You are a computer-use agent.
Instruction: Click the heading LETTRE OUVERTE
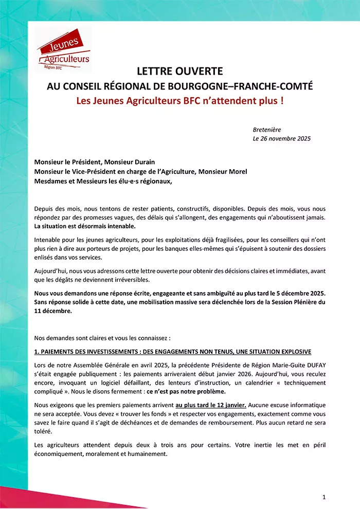coord(179,71)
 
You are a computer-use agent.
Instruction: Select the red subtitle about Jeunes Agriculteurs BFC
coord(179,100)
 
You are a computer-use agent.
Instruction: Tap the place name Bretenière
coord(267,130)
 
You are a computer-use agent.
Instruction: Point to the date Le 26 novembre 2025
coord(281,138)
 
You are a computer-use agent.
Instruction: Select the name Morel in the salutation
coord(237,171)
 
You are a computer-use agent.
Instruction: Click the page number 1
coord(324,497)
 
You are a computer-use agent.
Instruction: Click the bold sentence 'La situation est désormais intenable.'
coord(85,226)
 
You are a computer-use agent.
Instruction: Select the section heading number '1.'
coord(37,352)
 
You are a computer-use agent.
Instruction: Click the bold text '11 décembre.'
coord(53,311)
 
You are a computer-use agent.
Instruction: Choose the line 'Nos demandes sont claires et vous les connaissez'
coord(102,338)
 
